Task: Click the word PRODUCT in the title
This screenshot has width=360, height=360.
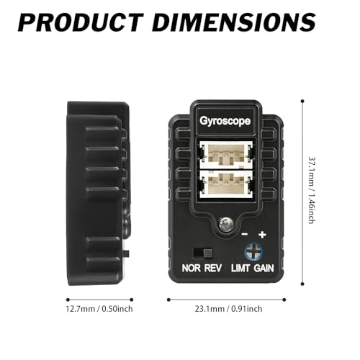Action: click(81, 22)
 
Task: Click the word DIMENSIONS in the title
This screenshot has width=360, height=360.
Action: click(234, 22)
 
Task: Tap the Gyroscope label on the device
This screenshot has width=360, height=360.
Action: click(225, 121)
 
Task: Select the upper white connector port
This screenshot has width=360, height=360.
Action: click(226, 155)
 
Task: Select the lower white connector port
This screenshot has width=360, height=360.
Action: click(226, 184)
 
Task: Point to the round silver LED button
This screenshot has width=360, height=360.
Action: click(226, 225)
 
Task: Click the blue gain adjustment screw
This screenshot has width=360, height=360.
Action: click(253, 251)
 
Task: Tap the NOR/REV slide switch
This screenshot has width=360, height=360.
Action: click(203, 253)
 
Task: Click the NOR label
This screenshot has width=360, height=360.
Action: click(191, 268)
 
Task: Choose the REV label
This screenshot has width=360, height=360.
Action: click(212, 268)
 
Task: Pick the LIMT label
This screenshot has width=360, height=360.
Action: click(240, 268)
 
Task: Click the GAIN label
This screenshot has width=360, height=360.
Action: click(264, 268)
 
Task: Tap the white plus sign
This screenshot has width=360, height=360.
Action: click(262, 234)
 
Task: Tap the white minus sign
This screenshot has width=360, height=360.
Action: click(244, 234)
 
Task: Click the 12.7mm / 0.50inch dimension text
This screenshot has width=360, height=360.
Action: click(99, 309)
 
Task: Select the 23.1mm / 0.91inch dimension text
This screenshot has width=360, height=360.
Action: click(228, 309)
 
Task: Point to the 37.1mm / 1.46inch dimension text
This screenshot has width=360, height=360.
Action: click(312, 190)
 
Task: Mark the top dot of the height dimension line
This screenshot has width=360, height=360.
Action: click(302, 102)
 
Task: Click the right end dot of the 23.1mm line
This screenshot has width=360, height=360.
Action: click(284, 300)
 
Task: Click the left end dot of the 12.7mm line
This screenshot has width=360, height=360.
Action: click(68, 300)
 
